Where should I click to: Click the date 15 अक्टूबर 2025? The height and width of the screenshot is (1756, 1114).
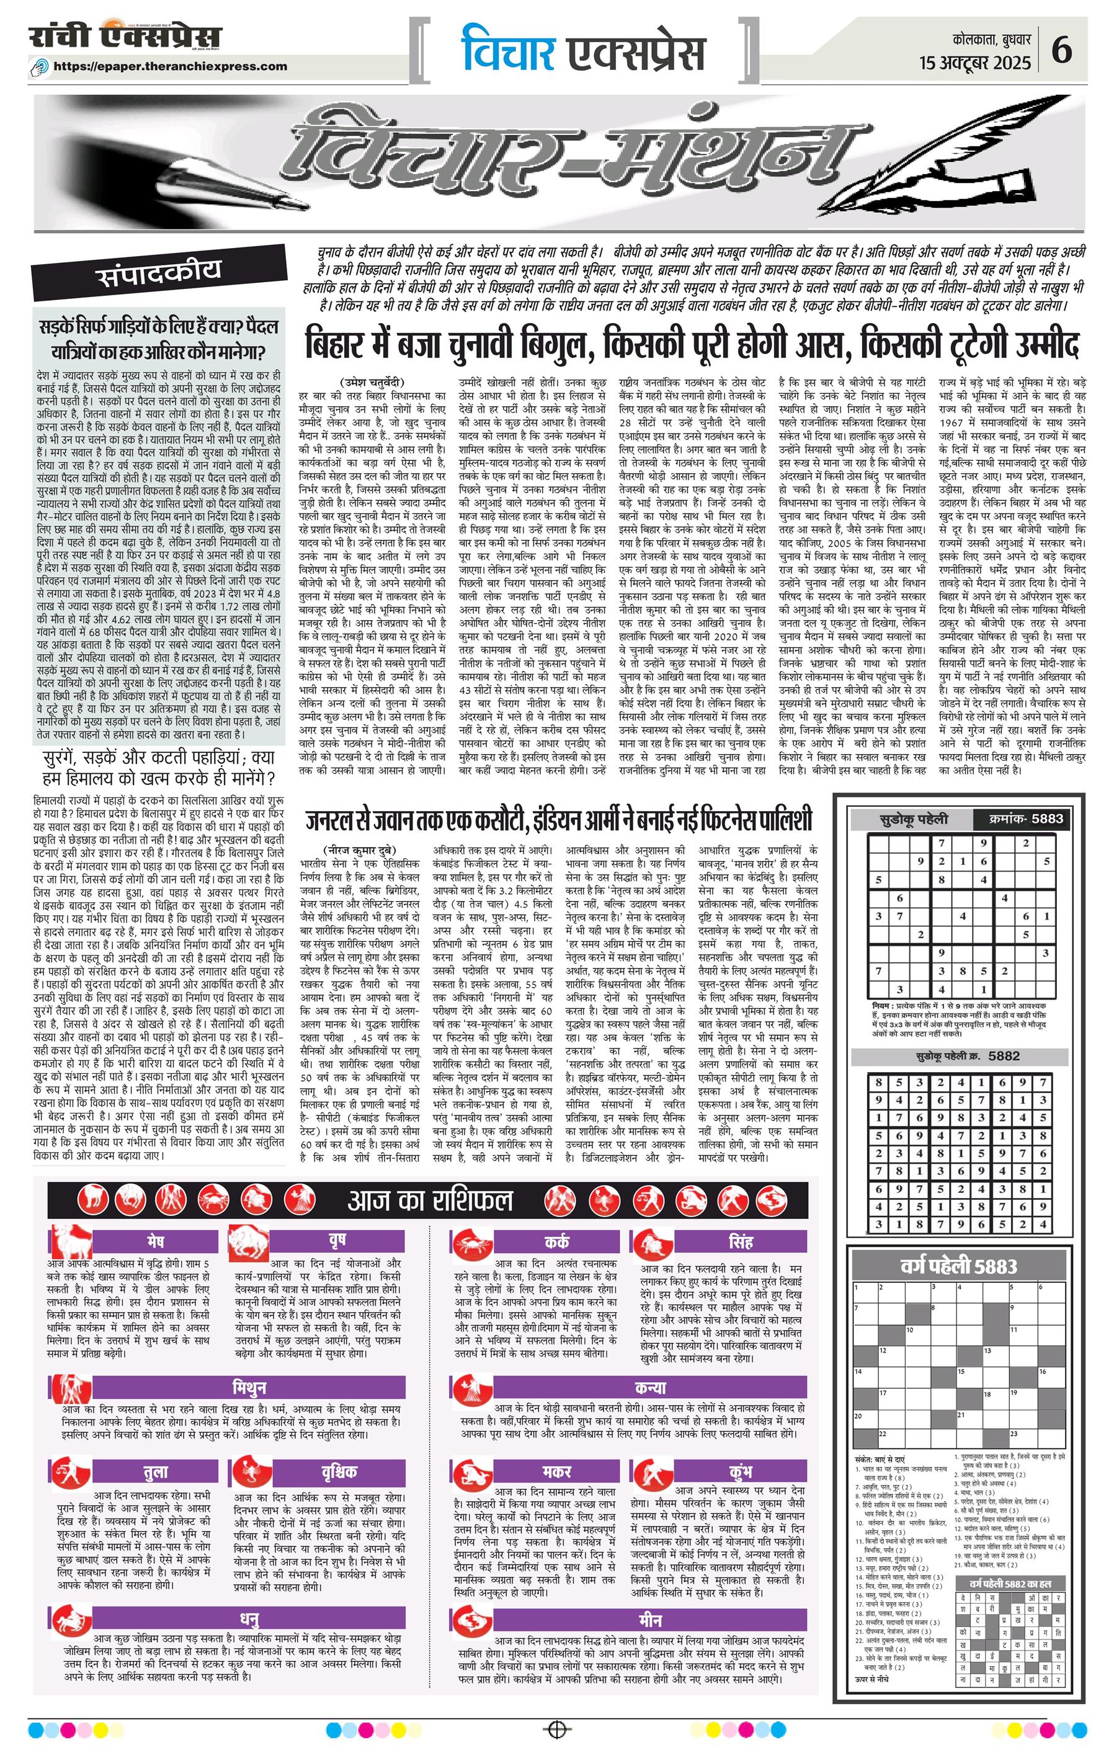coord(976,63)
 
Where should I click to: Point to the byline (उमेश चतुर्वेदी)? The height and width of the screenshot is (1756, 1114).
coord(372,382)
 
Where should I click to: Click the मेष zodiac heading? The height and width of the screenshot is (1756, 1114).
coord(154,1241)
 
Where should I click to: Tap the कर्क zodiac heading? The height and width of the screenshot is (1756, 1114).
coord(556,1241)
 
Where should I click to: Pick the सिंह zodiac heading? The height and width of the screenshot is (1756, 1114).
coord(740,1241)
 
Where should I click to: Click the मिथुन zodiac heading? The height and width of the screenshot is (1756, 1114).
coord(249,1387)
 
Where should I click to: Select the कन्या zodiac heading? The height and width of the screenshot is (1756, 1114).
coord(650,1387)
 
